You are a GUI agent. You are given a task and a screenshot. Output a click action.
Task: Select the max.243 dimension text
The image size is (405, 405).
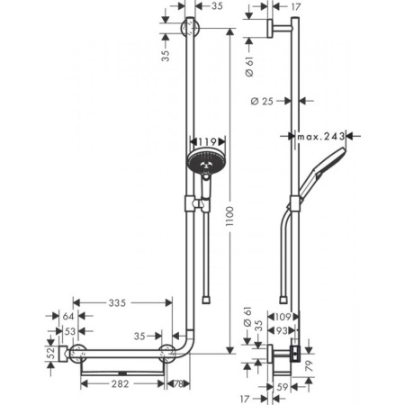click(323, 137)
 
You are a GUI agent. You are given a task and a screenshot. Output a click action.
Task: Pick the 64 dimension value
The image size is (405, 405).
click(68, 316)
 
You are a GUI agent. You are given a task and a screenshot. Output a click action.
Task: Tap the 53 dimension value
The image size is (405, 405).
click(68, 331)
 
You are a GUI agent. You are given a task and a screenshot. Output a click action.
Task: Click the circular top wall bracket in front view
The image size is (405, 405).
click(189, 29)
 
